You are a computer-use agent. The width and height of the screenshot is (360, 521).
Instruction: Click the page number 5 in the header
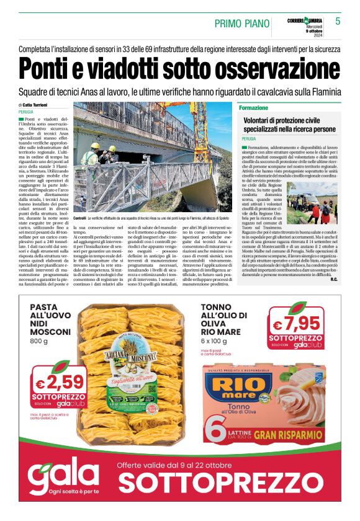click(x=338, y=21)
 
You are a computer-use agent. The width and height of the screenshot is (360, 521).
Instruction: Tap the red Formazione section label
click(x=253, y=108)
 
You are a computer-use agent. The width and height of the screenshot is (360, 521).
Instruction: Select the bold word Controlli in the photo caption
click(x=79, y=220)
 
